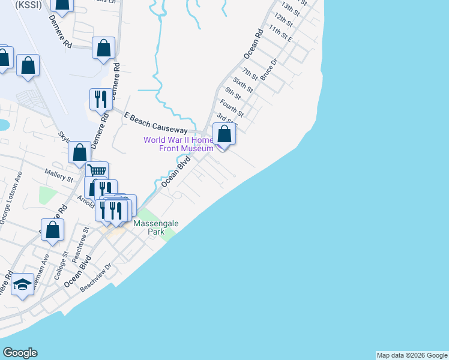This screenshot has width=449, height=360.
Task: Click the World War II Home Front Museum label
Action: point(178,145)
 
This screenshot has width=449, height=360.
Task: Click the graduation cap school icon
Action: point(22,285)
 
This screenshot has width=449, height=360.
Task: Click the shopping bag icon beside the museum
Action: point(224,133)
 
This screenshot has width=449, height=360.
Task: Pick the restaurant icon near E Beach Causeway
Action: point(100,98)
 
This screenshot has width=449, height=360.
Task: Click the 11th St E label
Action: point(280,34)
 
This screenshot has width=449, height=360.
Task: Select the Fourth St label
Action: point(232,109)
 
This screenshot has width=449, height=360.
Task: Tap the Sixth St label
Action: point(243,86)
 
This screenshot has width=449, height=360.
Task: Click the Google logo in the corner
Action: point(20,353)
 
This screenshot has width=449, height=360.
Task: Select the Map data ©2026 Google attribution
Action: point(412,355)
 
